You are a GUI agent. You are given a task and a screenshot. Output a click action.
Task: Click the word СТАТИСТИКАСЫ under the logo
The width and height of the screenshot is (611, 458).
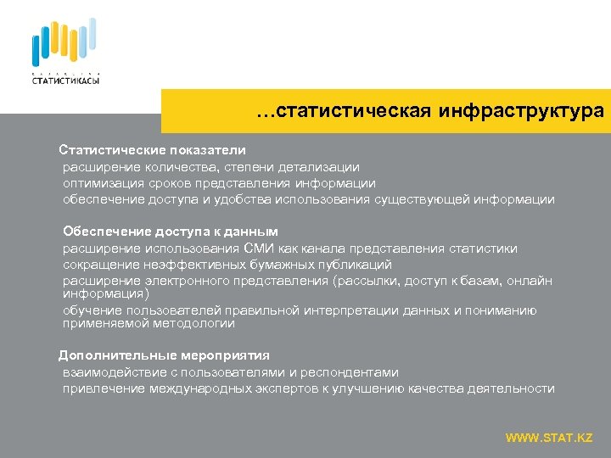coord(64,80)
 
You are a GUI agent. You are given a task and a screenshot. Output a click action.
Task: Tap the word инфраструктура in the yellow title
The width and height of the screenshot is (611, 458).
coord(522,111)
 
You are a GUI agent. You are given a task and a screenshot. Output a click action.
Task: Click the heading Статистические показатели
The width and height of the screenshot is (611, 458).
coord(152,150)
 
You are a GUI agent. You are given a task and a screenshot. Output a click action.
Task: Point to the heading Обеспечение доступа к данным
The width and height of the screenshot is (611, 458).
coord(170,232)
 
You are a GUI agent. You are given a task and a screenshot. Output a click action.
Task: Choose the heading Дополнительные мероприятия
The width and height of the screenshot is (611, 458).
coord(163,355)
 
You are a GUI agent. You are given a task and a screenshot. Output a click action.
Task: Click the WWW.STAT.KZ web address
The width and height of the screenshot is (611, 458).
coord(549,438)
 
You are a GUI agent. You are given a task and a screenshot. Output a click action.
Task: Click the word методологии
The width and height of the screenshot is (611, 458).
coord(197,323)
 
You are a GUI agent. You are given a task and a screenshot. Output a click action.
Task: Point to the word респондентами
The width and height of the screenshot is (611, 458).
coord(350,372)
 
